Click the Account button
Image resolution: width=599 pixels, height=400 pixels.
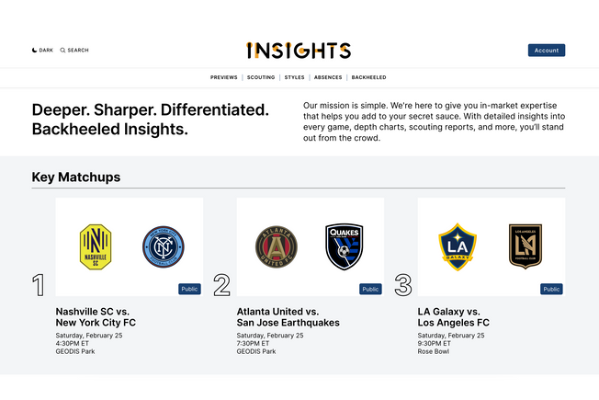pos(546,51)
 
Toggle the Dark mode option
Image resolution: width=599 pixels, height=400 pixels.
pos(42,51)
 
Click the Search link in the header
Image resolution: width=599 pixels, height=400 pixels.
pos(74,51)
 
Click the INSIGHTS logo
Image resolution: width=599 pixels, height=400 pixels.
pos(299,51)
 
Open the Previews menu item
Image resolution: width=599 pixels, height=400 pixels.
pos(223,77)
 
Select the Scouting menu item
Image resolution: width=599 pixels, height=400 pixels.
pos(261,77)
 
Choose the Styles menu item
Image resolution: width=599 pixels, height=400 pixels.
pos(294,77)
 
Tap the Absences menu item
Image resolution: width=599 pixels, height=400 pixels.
pos(327,77)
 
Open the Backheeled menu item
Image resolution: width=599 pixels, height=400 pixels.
pos(368,77)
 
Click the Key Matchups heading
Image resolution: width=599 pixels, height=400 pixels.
pos(76,177)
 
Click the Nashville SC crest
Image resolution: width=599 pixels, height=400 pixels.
pos(96,246)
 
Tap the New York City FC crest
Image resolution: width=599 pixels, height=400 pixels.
pos(163,246)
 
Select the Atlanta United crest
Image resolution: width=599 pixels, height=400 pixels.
pos(277,246)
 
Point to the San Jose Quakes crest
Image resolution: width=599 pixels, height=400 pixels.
pos(345,246)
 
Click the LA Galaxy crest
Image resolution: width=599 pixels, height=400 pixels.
pos(458,246)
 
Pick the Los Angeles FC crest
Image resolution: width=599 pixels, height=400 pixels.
pos(526,246)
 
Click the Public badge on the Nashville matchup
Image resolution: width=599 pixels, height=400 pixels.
pos(189,289)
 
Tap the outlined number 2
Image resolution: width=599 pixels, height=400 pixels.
pos(221,285)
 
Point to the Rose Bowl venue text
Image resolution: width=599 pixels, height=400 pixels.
pos(434,351)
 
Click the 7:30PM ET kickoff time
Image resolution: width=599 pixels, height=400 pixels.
pos(254,344)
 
